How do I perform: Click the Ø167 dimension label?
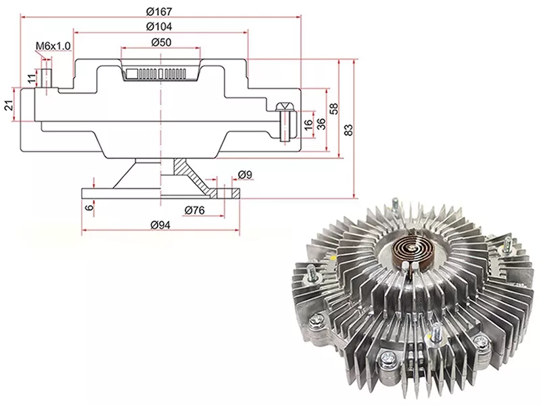(x=159, y=12)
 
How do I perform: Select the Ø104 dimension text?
(x=159, y=26)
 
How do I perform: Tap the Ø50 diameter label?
(x=161, y=43)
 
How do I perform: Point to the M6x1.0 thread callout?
(x=53, y=46)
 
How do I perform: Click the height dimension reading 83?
(x=349, y=129)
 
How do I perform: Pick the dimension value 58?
(x=334, y=109)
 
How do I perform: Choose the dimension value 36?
(x=321, y=123)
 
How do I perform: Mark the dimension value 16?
(x=309, y=123)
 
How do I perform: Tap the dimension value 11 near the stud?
(x=32, y=78)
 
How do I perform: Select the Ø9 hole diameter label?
(x=245, y=175)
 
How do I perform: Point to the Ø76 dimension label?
(x=194, y=210)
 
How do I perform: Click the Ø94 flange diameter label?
(x=160, y=225)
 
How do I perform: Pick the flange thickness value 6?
(x=89, y=207)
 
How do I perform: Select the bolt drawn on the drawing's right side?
(x=286, y=122)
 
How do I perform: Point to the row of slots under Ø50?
(x=156, y=74)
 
